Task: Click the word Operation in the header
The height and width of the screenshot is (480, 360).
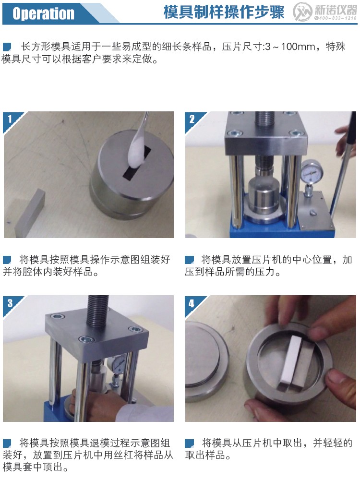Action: click(43, 13)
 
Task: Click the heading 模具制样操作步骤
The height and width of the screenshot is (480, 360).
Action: click(224, 12)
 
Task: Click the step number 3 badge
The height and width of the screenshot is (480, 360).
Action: click(10, 302)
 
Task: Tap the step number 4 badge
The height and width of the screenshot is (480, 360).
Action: click(192, 303)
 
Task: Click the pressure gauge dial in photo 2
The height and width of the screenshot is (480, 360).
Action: click(311, 171)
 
